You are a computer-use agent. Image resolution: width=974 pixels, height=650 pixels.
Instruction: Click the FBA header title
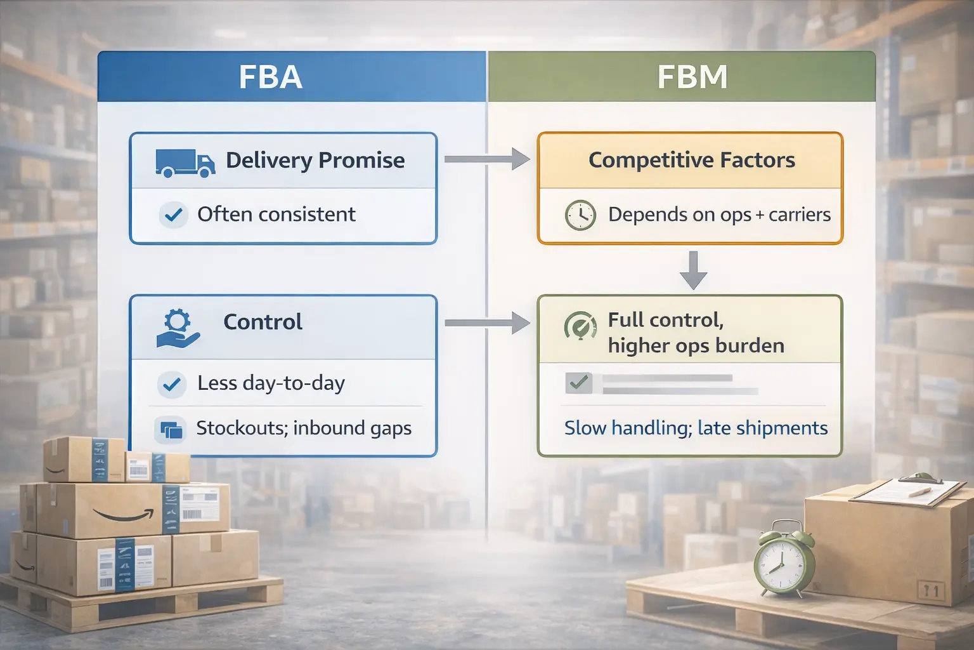pos(271,77)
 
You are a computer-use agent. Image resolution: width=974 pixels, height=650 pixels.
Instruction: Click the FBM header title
pos(692,77)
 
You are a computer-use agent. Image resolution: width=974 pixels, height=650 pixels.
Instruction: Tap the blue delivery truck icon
pos(185,162)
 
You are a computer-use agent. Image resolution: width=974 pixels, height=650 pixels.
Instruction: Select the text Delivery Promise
pos(315,161)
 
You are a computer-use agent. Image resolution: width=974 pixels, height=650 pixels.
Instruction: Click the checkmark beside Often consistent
pos(172,215)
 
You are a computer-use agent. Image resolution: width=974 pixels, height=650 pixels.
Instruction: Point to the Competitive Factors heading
pos(691,160)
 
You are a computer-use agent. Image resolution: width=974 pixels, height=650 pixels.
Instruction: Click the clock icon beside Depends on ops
pos(580,215)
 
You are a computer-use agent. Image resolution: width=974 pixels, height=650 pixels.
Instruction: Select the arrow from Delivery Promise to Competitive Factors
pos(486,159)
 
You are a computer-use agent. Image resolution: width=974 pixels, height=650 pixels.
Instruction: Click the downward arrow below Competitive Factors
pos(693,270)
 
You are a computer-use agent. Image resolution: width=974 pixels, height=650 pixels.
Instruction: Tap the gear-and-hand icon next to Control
pos(178,328)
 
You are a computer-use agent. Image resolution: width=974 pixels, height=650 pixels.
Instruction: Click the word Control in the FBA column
pos(263,322)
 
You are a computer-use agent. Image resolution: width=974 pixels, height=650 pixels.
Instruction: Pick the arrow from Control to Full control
pos(486,323)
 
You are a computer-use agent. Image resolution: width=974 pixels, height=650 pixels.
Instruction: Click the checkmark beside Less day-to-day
pos(172,384)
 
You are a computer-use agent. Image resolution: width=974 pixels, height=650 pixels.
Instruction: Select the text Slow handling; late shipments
pos(696,428)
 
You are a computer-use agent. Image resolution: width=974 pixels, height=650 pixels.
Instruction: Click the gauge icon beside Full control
pos(580,327)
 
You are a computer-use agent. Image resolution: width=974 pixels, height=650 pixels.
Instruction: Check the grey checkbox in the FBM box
pos(578,383)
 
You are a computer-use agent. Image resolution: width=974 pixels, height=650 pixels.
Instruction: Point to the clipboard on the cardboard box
pos(900,489)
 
